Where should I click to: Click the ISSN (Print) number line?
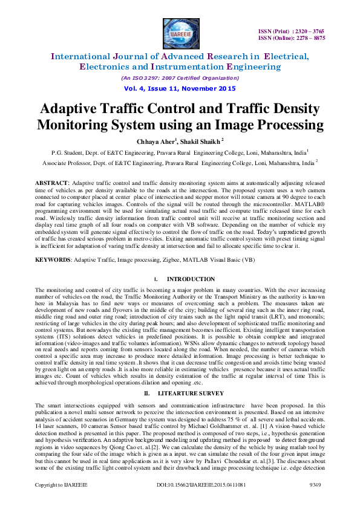[292, 30]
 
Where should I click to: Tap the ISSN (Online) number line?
[292, 37]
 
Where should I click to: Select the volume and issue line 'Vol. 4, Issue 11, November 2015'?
[180, 88]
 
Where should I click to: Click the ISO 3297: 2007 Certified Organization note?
[180, 78]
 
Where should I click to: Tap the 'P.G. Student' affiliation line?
[180, 152]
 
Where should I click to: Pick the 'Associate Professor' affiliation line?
[180, 163]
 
